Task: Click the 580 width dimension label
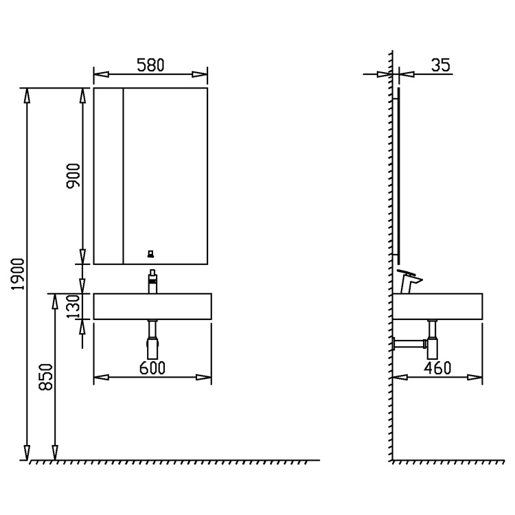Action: (150, 65)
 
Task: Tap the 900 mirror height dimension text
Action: (73, 175)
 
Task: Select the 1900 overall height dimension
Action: (18, 274)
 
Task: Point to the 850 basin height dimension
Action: (45, 377)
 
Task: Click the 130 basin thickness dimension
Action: (73, 306)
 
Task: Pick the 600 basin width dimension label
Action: (152, 368)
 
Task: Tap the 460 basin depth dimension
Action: (437, 368)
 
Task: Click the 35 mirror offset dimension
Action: (440, 65)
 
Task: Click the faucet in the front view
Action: (152, 282)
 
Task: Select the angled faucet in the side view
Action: (409, 282)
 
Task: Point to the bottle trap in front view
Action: (152, 339)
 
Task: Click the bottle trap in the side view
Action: (433, 339)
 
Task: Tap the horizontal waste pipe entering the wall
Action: (409, 344)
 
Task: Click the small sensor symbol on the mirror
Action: (151, 254)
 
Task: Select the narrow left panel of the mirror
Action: (108, 176)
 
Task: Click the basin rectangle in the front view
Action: (152, 306)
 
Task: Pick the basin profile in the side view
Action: (437, 306)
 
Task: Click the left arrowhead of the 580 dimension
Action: (101, 75)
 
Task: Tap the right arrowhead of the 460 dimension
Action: (475, 378)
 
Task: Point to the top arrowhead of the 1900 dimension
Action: (27, 95)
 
